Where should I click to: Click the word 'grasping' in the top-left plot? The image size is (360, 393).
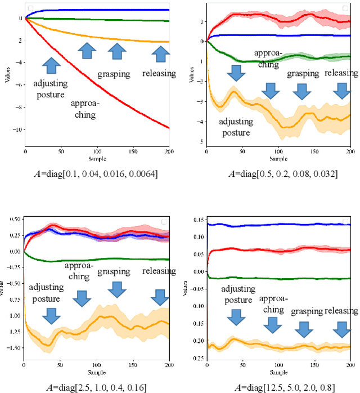pos(114,74)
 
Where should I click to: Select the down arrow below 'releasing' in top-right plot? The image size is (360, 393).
pos(341,91)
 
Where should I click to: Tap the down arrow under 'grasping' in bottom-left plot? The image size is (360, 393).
pos(116,289)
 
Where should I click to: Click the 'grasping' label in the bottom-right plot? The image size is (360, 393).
pos(307,311)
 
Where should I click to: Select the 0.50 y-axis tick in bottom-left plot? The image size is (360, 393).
pos(14,219)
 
